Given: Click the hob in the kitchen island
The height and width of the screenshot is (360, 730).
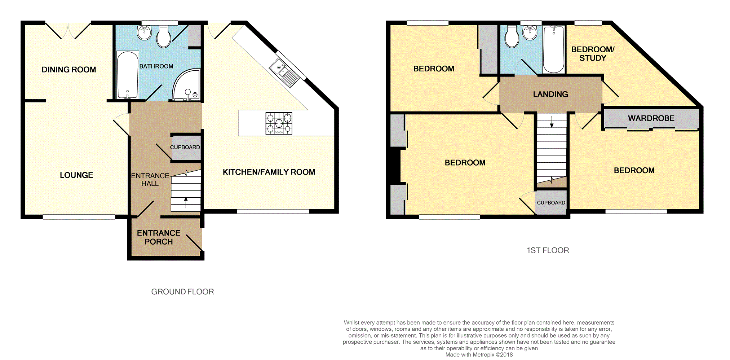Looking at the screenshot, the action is click(279, 123).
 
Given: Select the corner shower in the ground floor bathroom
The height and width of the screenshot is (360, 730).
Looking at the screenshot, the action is click(186, 85).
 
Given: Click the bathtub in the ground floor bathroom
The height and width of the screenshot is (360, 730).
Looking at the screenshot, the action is click(128, 75).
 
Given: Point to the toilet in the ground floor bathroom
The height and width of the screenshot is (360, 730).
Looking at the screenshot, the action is click(164, 36).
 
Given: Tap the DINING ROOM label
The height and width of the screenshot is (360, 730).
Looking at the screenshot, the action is click(69, 70).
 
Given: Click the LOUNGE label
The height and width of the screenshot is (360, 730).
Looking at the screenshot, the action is click(76, 175).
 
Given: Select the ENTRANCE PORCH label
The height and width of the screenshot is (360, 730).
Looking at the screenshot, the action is click(159, 237).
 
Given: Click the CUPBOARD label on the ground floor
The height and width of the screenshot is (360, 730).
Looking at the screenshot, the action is click(185, 147).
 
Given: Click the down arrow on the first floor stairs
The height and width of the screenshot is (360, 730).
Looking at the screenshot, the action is click(552, 122).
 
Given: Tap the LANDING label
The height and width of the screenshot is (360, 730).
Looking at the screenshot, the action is click(550, 94).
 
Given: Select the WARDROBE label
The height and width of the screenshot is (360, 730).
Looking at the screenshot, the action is click(651, 118).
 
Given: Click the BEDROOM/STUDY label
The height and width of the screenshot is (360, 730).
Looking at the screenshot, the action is click(593, 54).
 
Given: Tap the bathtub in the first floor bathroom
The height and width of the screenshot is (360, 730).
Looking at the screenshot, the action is click(554, 49).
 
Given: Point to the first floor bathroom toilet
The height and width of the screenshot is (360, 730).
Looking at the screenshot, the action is click(512, 36).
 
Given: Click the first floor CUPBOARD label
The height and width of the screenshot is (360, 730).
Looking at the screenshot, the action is click(551, 203).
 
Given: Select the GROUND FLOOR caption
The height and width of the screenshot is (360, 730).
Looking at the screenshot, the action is click(182, 292).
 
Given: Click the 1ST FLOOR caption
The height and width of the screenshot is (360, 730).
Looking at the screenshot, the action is click(548, 250).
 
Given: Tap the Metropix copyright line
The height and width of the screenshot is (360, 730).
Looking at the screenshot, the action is click(479, 355).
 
